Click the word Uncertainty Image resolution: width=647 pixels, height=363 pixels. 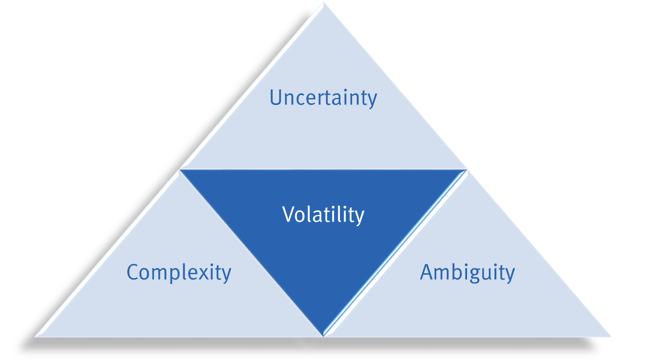pos(323,98)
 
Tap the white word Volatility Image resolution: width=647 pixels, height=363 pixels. pos(323,215)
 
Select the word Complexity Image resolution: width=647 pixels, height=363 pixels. pos(179,273)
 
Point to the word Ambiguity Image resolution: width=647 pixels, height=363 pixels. pos(468,273)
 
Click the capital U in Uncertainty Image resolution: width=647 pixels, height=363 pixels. pos(276,98)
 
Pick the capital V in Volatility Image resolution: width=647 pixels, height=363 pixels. pos(289,214)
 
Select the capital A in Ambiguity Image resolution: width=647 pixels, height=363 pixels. pos(427,272)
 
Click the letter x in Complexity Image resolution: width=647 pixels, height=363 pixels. pos(204,274)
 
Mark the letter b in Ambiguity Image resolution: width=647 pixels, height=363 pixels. pos(454,271)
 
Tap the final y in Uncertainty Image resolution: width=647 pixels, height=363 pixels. pos(372,101)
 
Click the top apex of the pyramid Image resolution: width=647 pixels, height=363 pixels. pos(324,3)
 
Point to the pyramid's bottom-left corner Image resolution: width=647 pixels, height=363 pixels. pos(35,337)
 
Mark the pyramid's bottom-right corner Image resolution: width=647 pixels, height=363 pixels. pos(611,337)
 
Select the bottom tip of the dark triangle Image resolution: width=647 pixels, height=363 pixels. pos(323,336)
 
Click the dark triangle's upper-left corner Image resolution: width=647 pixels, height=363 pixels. pos(179,170)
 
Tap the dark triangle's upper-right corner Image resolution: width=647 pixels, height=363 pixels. pos(467,170)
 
